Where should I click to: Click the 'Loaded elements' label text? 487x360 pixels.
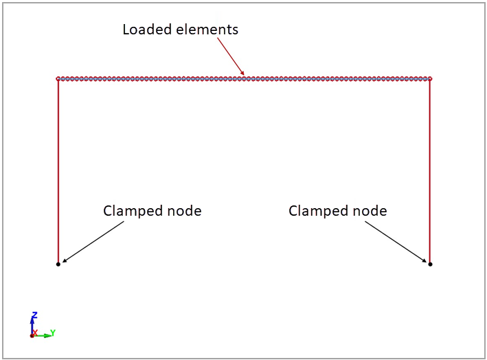click(180, 30)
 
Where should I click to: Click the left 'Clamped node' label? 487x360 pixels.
click(152, 211)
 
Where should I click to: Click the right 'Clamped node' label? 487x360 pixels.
click(337, 211)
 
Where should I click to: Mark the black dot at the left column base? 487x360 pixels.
click(58, 264)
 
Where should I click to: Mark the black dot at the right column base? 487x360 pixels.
click(430, 264)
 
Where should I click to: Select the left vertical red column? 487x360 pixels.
click(58, 172)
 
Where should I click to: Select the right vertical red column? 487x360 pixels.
click(430, 172)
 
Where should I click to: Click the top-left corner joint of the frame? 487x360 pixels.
click(58, 79)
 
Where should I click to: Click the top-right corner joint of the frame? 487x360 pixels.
click(430, 79)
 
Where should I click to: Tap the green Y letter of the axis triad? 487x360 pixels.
click(53, 333)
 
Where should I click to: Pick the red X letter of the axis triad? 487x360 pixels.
click(35, 333)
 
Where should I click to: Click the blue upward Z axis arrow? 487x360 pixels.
click(32, 324)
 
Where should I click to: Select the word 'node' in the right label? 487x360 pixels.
click(372, 211)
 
